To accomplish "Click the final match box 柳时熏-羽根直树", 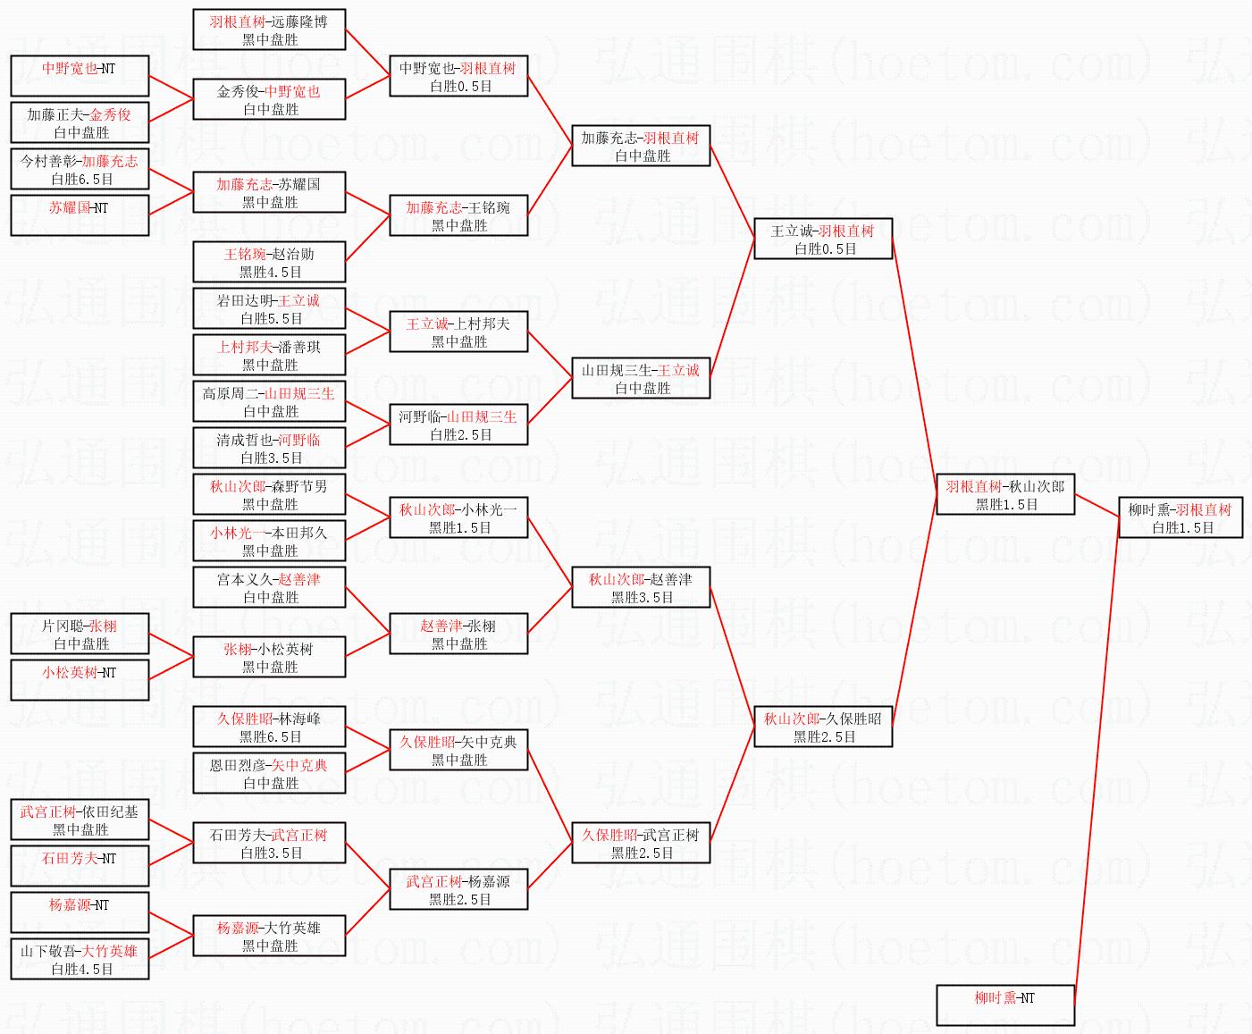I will [x=1180, y=518].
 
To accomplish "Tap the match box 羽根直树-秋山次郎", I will [x=1005, y=495].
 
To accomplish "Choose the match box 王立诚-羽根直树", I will [x=823, y=240].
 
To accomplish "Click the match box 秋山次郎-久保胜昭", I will [x=823, y=727].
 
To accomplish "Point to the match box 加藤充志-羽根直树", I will [x=641, y=147].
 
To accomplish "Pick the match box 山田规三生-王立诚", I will [x=641, y=379].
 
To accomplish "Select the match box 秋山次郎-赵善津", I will [x=641, y=588].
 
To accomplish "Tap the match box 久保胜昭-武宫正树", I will [x=641, y=844].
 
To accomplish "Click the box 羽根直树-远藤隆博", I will [x=269, y=30].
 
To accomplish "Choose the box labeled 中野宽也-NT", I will [x=80, y=77].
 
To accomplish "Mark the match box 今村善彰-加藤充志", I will [x=80, y=170].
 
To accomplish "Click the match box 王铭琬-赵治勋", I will [x=269, y=263].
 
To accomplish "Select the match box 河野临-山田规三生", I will [x=458, y=425].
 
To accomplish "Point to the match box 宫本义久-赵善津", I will [x=269, y=588].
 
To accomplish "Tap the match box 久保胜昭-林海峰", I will [x=269, y=727].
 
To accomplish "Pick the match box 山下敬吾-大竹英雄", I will [x=80, y=960].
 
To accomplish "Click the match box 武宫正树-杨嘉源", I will [x=458, y=890].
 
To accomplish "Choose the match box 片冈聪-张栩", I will [x=80, y=635].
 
